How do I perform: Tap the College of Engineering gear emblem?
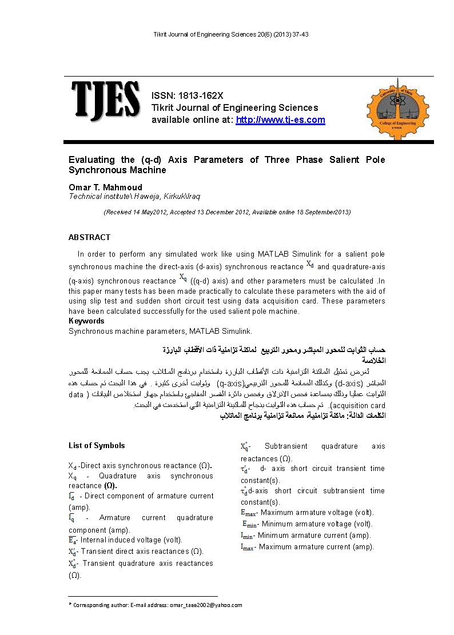[396, 108]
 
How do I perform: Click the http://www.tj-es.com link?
[280, 120]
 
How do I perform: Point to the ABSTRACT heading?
[89, 237]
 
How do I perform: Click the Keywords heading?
[86, 321]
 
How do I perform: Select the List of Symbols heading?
[97, 445]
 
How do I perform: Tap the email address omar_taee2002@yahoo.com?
[206, 605]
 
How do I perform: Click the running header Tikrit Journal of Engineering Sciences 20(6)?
[232, 35]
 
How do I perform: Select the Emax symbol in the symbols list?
[248, 513]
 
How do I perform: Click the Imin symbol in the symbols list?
[246, 536]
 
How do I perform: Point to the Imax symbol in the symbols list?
[247, 547]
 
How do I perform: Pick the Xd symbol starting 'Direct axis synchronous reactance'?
[72, 466]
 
